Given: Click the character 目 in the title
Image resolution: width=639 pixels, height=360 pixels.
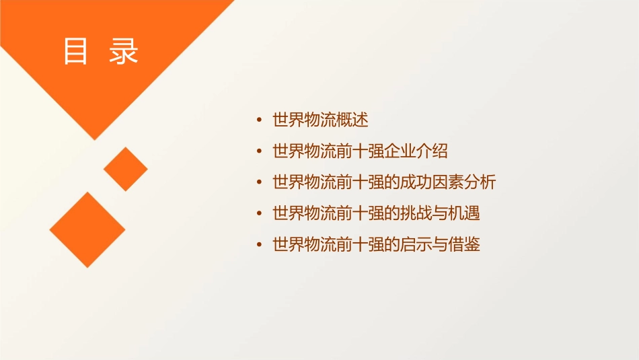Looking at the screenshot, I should click(76, 52).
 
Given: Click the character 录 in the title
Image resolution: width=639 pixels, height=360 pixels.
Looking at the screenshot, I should click(124, 52).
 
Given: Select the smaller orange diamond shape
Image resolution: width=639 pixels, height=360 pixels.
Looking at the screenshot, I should click(125, 169).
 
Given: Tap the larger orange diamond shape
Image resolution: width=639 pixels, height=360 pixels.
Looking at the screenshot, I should click(87, 229).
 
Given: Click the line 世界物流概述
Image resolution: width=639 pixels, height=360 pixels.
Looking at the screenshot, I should click(320, 120).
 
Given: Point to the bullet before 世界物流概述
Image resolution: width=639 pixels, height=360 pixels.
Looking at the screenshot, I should click(260, 121).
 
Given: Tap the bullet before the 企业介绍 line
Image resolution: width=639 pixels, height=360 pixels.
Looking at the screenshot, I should click(260, 152).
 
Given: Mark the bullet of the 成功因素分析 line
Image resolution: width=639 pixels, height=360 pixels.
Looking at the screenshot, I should click(260, 183).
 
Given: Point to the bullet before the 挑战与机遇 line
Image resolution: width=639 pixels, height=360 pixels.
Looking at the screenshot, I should click(260, 214).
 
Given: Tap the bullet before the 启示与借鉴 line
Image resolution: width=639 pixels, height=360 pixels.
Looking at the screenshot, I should click(260, 245).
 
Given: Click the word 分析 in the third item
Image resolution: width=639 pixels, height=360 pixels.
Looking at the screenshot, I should click(480, 182).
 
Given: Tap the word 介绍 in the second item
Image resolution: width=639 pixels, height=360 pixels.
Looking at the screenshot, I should click(432, 151).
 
